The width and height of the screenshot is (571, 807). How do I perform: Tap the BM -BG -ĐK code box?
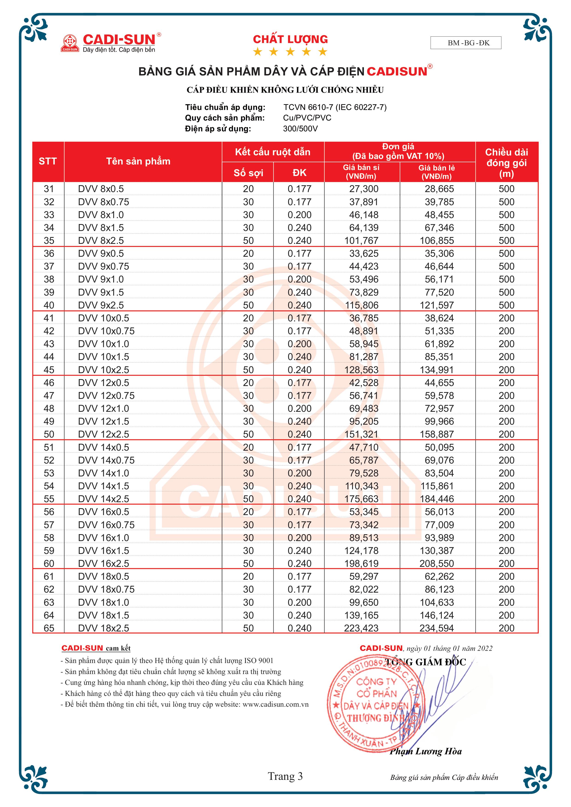tap(466, 43)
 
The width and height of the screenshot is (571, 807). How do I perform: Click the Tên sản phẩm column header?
tap(138, 161)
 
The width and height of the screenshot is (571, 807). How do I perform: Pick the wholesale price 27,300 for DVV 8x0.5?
tap(364, 189)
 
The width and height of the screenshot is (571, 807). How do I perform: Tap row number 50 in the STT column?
tap(49, 434)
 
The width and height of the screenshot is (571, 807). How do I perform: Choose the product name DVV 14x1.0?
tap(103, 473)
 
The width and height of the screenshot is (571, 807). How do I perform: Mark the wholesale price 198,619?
tap(361, 563)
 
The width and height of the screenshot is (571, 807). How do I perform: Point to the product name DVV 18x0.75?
tap(106, 589)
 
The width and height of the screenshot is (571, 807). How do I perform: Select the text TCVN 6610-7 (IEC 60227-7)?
tap(335, 107)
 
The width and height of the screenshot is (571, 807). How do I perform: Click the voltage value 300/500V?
tap(300, 129)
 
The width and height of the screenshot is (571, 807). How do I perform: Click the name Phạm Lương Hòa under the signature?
tap(426, 752)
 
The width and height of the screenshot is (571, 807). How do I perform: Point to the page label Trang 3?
tap(285, 776)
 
